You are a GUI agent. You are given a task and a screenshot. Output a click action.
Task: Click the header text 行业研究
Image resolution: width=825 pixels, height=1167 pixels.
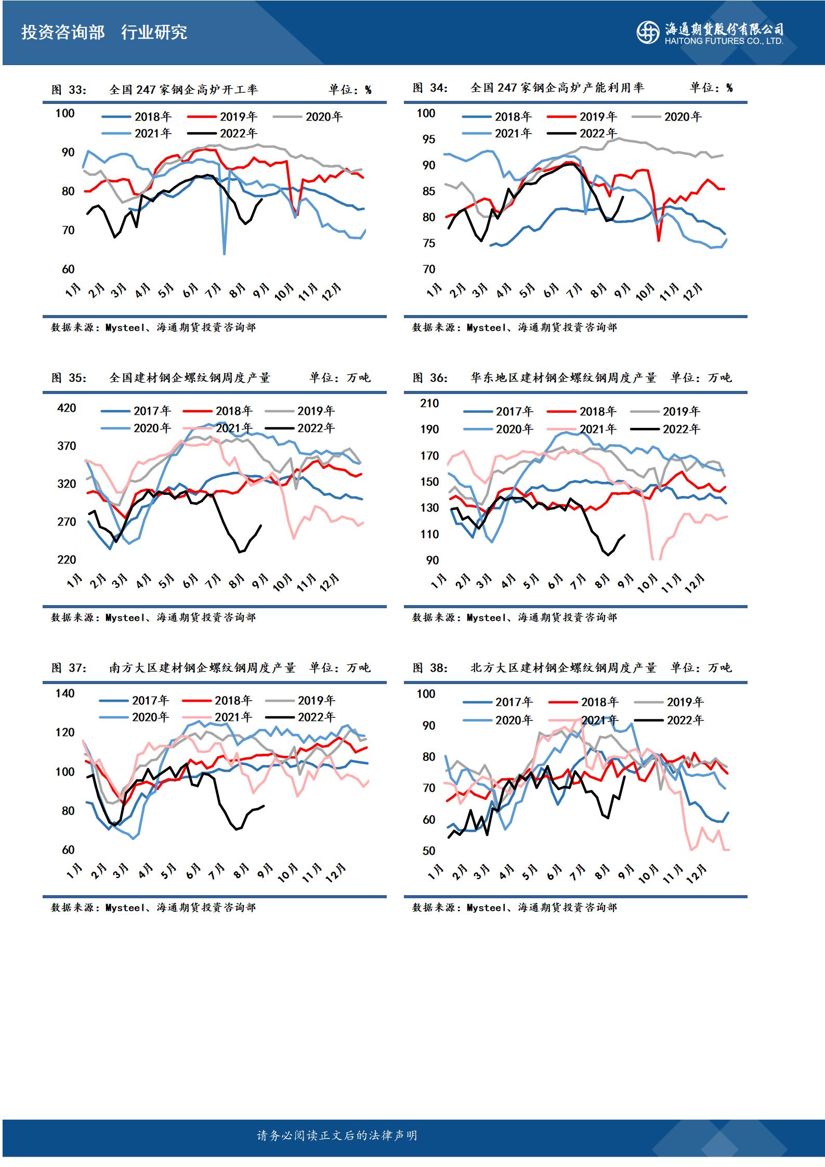point(154,33)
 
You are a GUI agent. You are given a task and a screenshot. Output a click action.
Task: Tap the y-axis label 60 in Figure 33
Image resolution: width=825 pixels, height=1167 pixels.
point(68,269)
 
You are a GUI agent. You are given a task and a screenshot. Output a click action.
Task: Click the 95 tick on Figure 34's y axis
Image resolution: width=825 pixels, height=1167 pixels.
point(429,139)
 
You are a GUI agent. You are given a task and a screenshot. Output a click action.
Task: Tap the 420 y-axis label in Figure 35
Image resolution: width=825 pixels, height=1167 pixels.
point(67,408)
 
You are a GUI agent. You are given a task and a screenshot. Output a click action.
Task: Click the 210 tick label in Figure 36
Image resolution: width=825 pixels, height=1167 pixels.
point(429,403)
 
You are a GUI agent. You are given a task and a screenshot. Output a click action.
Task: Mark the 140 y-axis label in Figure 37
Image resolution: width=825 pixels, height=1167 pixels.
point(65,693)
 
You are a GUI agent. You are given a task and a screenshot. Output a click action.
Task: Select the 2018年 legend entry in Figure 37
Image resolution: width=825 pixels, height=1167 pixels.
point(218,701)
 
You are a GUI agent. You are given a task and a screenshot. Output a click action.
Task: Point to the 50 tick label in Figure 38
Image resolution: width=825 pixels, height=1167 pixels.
point(429,851)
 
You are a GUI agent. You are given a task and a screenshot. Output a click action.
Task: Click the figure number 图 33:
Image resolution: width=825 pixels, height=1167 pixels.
point(69,90)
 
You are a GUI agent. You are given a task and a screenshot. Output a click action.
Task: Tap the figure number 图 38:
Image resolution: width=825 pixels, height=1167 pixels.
point(430,668)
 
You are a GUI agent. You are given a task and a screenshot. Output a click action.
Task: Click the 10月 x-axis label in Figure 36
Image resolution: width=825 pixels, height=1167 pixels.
point(647,584)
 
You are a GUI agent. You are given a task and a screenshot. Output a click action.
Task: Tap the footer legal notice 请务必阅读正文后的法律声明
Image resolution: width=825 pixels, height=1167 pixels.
point(337,1136)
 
